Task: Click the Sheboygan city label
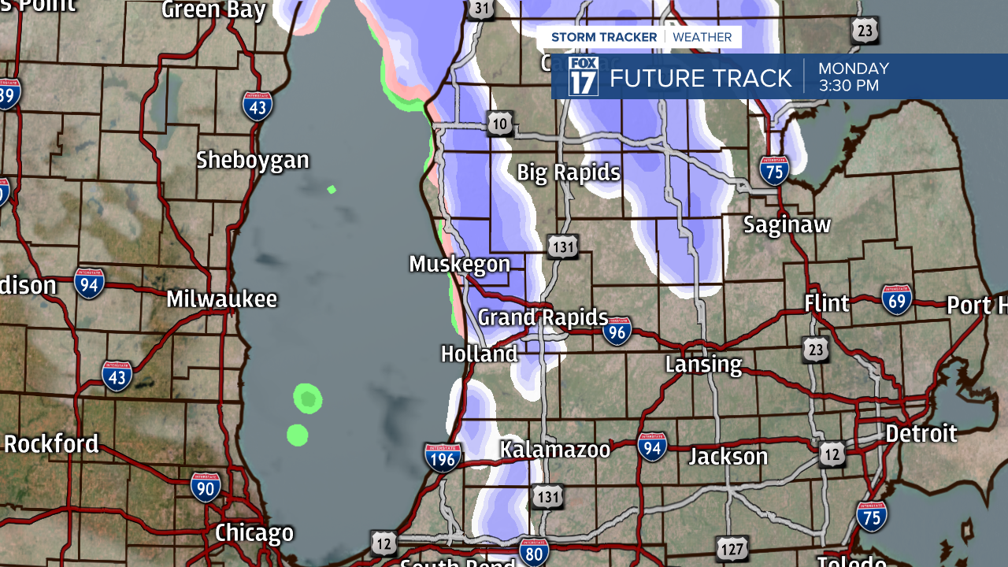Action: point(252,161)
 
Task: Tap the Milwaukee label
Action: point(222,299)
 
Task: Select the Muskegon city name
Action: point(459,265)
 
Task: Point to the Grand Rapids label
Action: point(543,318)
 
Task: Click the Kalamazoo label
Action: point(555,450)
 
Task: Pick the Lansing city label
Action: point(703,365)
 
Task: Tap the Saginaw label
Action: point(787,225)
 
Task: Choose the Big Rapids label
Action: point(569,173)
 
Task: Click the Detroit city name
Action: point(921,434)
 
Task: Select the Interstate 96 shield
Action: point(617,332)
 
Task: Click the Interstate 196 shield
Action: point(443,458)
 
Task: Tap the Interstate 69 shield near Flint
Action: point(897,300)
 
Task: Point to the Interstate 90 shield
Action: point(205,487)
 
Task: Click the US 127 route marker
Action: point(732,547)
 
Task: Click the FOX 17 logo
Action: point(583,76)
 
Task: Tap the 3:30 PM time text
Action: point(848,86)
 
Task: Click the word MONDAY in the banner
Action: point(854,69)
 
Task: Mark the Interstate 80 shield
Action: point(534,551)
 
